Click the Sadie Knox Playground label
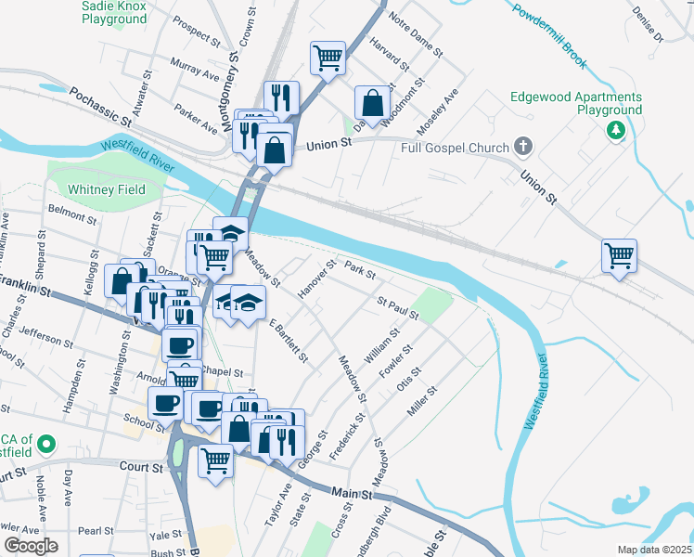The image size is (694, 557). [116, 11]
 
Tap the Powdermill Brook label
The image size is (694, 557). [547, 36]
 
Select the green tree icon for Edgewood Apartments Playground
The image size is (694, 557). [613, 130]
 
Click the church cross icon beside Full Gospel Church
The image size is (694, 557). [524, 148]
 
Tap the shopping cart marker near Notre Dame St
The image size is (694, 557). [328, 58]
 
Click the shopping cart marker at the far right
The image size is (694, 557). [619, 253]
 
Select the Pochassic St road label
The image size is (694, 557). [99, 107]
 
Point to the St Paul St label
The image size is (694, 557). [398, 307]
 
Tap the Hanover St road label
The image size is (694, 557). [315, 280]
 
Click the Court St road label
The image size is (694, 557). [141, 467]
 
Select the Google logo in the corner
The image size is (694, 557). [31, 546]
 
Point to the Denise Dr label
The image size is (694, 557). [648, 26]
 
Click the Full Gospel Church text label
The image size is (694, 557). [455, 149]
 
